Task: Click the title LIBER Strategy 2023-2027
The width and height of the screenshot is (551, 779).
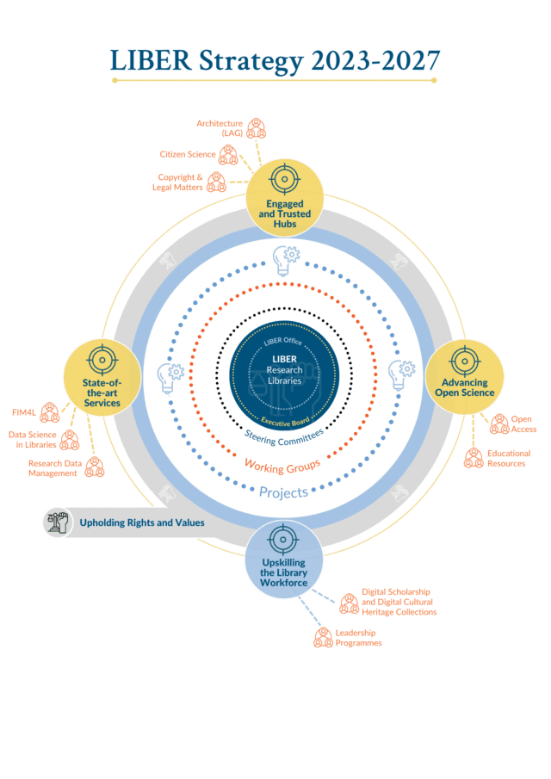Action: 275,59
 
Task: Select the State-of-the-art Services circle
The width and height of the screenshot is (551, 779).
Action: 102,378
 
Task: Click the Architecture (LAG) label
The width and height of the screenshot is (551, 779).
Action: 219,128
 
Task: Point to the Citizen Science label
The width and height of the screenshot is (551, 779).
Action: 187,155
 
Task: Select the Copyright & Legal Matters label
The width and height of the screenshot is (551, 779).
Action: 180,182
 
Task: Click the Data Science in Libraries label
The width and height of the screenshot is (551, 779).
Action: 32,440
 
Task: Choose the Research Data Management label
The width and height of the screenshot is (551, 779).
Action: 53,467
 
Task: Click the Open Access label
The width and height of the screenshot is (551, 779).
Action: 523,424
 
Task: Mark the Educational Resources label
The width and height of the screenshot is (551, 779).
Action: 508,458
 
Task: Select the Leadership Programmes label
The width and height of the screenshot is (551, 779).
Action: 358,637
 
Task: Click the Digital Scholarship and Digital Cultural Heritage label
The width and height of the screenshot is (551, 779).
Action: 399,602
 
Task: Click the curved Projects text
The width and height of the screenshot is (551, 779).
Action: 283,492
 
